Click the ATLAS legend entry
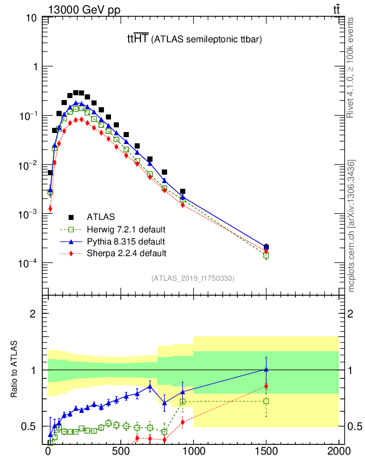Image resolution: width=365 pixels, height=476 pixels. click(101, 217)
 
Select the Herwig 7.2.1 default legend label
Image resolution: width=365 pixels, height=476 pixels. click(126, 229)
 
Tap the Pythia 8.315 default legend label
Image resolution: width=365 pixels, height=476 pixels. click(125, 241)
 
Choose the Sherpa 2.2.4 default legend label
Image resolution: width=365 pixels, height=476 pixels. click(126, 253)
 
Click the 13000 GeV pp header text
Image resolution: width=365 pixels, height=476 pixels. click(84, 11)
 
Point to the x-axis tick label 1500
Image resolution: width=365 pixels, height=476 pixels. click(266, 451)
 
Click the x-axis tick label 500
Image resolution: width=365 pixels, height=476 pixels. click(121, 451)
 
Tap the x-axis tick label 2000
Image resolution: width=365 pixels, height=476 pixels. click(339, 451)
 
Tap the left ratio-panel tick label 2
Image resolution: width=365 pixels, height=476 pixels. click(33, 313)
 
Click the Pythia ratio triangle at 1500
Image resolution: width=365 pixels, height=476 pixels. click(266, 369)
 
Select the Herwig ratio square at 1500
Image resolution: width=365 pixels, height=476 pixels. click(266, 401)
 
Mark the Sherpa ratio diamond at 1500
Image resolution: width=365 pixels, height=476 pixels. click(266, 386)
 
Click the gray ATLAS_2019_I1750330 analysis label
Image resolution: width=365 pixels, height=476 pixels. click(193, 278)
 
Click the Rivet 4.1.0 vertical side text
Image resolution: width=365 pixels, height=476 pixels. click(351, 67)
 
